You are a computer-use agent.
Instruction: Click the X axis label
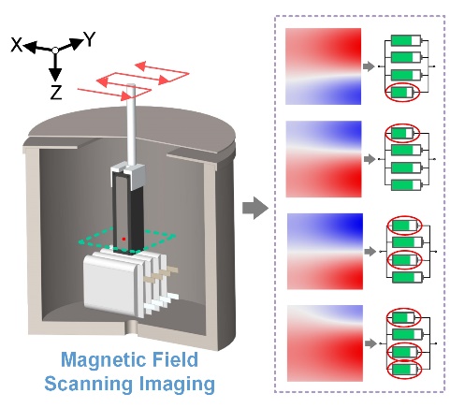[17, 44]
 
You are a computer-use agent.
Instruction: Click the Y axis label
[90, 39]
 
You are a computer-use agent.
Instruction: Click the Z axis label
[56, 93]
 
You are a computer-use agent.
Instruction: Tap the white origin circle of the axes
[55, 50]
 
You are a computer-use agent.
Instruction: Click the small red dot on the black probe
[123, 239]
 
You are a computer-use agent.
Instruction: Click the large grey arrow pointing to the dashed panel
[255, 208]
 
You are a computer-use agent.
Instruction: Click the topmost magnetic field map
[324, 66]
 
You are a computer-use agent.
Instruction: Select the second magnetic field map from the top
[324, 159]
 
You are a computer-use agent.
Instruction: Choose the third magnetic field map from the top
[325, 252]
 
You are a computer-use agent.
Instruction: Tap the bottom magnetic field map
[325, 343]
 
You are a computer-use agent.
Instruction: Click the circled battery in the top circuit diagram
[402, 93]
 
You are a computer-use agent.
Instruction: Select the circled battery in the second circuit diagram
[402, 133]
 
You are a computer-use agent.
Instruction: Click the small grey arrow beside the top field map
[369, 66]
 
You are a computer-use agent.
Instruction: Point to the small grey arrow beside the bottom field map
[370, 343]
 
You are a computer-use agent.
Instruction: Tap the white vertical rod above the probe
[131, 124]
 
